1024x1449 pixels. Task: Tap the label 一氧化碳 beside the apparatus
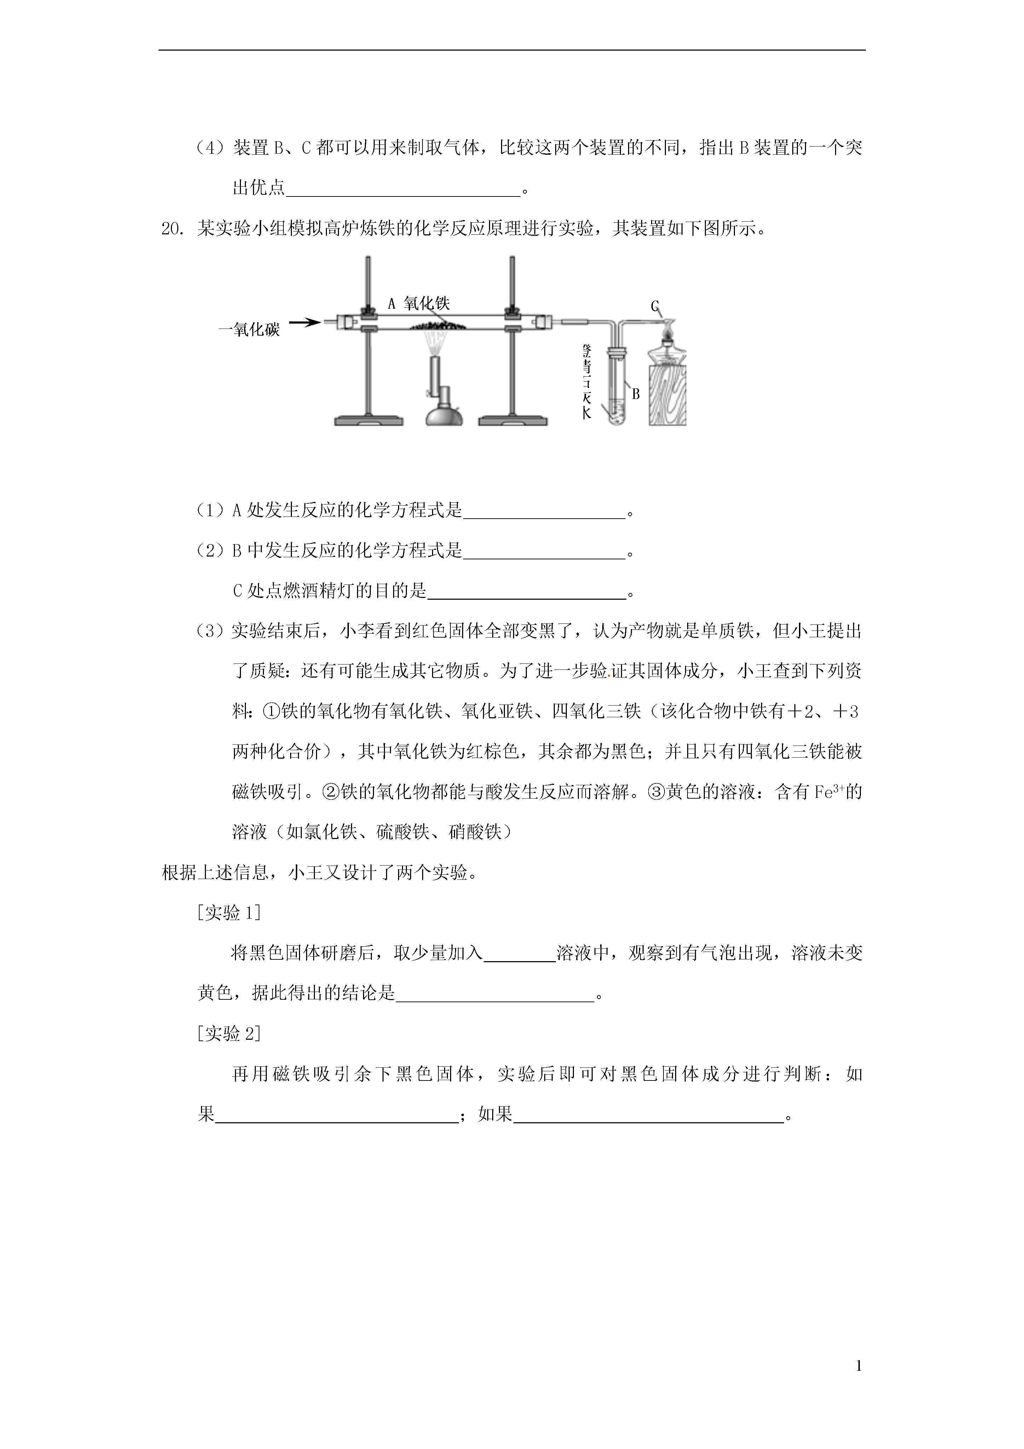[x=249, y=330]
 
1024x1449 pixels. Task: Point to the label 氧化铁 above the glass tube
[x=427, y=303]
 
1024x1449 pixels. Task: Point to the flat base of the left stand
[x=368, y=420]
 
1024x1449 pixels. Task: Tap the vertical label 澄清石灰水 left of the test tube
[x=587, y=382]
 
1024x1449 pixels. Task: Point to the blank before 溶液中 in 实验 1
[x=519, y=954]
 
